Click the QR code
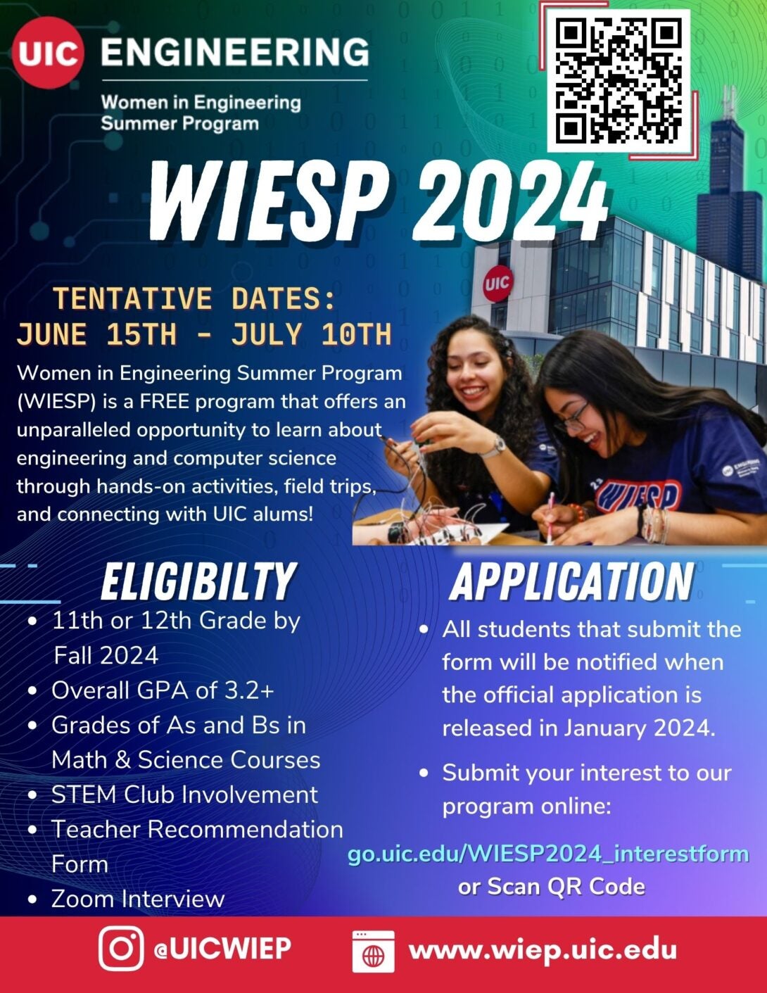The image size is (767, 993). coord(619,80)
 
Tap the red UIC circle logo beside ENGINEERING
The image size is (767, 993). coord(49,53)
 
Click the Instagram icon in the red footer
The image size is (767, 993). coord(121,948)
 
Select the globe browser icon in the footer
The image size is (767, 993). coord(373,951)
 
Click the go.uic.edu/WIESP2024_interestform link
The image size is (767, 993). coord(548,854)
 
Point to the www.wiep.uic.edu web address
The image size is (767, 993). coord(543,949)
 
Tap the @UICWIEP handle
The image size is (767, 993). coord(222,949)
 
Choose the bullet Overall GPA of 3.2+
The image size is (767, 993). coord(163,690)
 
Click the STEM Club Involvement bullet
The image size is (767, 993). coord(184,795)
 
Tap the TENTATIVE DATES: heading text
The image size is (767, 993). coord(195,298)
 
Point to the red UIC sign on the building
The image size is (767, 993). coord(497,284)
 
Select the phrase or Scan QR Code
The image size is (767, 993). coord(552,887)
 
